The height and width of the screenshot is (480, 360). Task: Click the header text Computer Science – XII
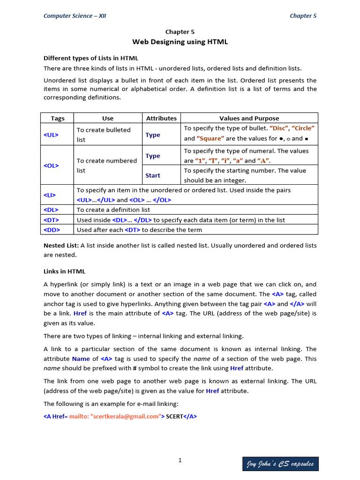tap(75, 15)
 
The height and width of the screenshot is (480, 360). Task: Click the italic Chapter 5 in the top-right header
tap(303, 15)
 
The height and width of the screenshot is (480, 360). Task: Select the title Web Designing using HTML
tap(180, 42)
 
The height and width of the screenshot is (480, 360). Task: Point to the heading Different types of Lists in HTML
tap(90, 58)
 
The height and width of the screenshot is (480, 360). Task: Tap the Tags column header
tap(57, 118)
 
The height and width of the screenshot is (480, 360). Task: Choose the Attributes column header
tap(161, 118)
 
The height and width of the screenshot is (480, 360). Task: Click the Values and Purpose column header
tap(249, 118)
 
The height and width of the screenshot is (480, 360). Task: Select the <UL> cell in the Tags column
tap(51, 135)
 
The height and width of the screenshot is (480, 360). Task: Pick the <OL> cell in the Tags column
tap(51, 165)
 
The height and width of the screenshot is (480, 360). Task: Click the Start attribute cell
tap(153, 175)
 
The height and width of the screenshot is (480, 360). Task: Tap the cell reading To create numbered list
tap(107, 165)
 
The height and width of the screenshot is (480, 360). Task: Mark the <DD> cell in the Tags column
tap(52, 230)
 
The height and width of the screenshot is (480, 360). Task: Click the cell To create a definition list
tap(113, 210)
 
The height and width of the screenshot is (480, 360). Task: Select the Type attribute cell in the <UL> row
tap(153, 135)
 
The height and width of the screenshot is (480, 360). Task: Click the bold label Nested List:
tap(61, 245)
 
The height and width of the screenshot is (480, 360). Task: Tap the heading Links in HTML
tap(64, 271)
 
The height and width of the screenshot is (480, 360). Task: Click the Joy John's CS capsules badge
tap(280, 464)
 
